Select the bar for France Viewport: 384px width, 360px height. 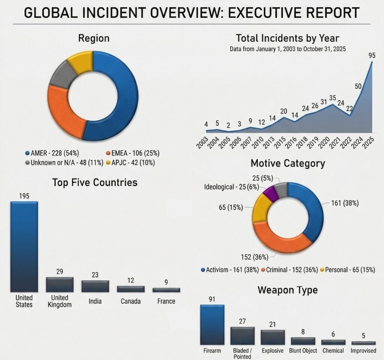tap(166, 290)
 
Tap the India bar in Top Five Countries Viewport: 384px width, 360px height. tap(95, 286)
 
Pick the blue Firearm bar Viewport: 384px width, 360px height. tap(212, 324)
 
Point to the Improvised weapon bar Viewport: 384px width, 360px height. tap(363, 343)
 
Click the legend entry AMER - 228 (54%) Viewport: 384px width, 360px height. tap(51, 153)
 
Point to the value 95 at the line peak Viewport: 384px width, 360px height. tap(372, 55)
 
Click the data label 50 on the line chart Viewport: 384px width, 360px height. tap(358, 86)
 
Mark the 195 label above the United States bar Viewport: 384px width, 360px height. tap(24, 196)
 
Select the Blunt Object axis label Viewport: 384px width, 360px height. tap(303, 351)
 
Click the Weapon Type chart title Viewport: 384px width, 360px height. tap(288, 290)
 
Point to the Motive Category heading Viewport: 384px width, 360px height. tap(288, 163)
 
